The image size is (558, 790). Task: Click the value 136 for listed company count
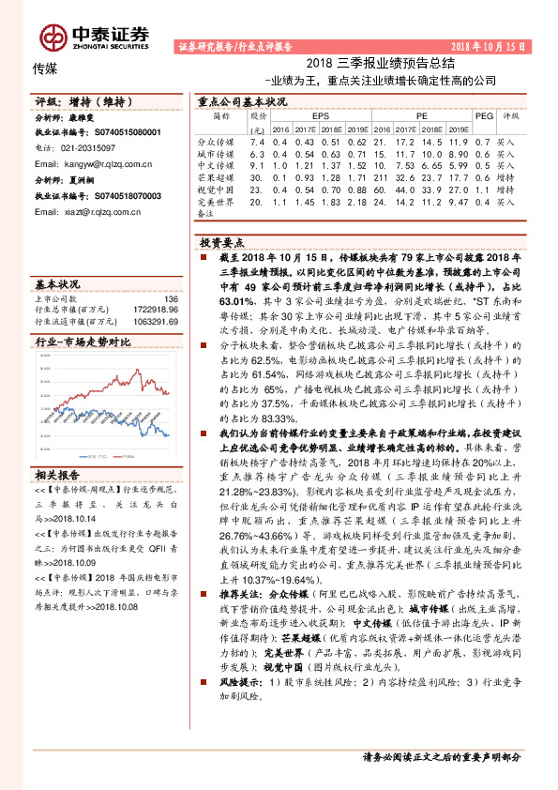point(170,299)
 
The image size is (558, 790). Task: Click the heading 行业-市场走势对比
point(76,343)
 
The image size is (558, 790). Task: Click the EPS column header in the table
point(320,115)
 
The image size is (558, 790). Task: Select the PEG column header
point(484,115)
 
